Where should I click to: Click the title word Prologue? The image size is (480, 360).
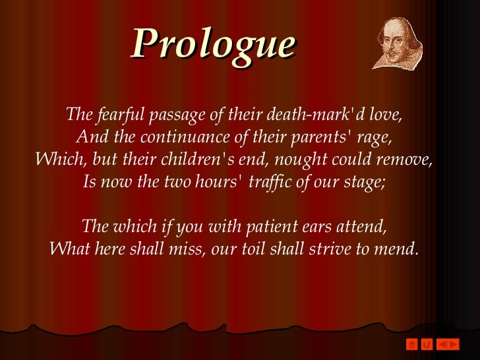(x=213, y=44)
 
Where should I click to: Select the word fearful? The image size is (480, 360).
(x=123, y=115)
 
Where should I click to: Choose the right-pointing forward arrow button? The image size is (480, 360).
(x=453, y=344)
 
